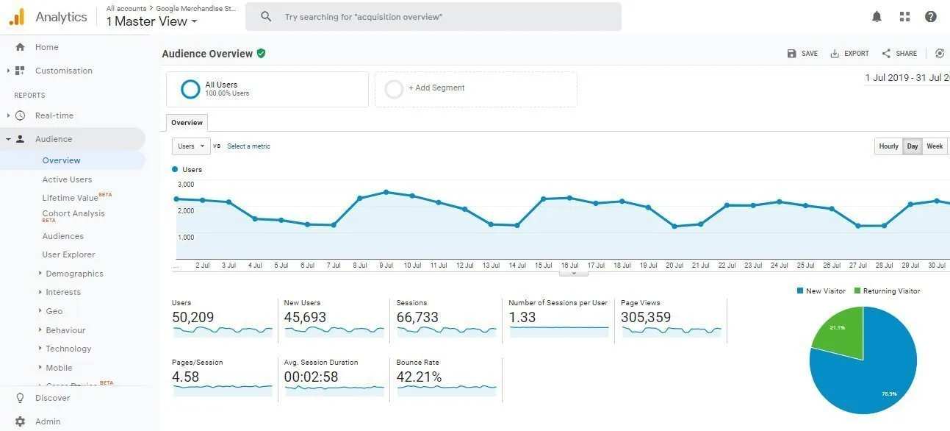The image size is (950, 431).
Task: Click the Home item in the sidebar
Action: coord(46,47)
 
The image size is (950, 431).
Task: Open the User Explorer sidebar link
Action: coord(68,254)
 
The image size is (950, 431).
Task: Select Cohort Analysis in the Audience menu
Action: coord(73,213)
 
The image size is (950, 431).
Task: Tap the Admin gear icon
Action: coord(20,421)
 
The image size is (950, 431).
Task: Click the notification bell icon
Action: coord(877,16)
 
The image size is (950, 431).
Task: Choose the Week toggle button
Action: coord(935,146)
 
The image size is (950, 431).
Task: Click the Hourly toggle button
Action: coord(888,146)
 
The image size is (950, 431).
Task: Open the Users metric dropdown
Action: coord(191,146)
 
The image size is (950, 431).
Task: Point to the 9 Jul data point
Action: coord(386,192)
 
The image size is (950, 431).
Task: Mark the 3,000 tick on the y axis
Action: coord(185,185)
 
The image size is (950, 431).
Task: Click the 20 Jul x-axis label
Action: coord(674,265)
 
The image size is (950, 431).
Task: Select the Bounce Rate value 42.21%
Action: coord(419,377)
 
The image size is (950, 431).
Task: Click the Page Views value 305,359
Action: coord(646,318)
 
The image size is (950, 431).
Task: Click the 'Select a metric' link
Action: coord(248,146)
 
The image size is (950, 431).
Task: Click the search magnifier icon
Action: coord(266,16)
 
